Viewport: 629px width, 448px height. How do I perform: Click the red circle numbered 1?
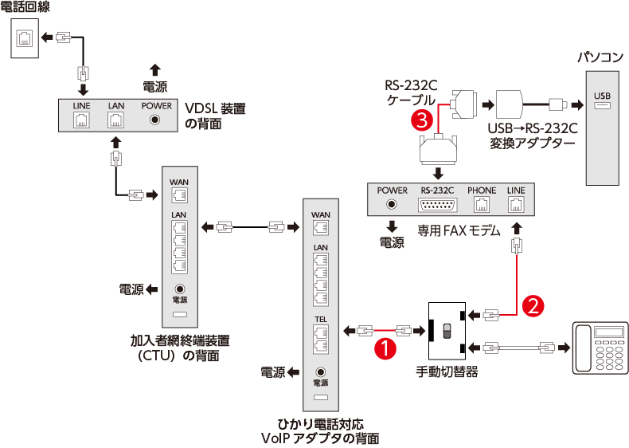385,348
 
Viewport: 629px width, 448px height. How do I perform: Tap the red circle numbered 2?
534,305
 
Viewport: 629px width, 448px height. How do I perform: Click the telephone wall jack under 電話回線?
25,37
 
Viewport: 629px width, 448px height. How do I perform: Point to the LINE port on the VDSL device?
81,120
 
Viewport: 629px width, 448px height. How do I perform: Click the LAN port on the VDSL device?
116,120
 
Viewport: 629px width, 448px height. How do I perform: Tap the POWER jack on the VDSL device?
156,120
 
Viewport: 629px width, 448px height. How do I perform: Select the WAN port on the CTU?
179,195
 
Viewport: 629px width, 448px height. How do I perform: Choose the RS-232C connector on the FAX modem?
437,204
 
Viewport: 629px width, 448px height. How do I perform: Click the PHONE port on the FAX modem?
482,204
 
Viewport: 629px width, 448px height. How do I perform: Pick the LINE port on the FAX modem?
516,204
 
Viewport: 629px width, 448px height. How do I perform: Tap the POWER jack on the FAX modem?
392,204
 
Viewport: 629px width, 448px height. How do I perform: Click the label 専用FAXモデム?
459,231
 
